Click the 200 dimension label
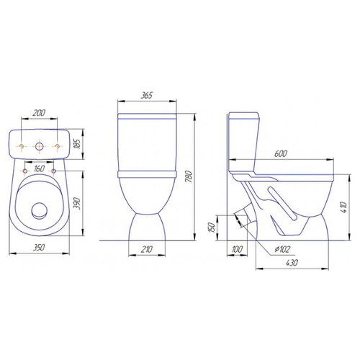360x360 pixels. coord(39,112)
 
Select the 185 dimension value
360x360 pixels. coord(78,143)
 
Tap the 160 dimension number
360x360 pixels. coord(39,168)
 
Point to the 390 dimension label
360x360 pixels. coord(76,203)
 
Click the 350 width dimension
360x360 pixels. coord(38,247)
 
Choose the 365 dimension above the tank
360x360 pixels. coord(146,95)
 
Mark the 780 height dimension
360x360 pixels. coord(189,176)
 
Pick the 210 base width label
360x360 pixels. coord(146,249)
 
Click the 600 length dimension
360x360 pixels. coord(280,153)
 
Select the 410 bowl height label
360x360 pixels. coord(344,207)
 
